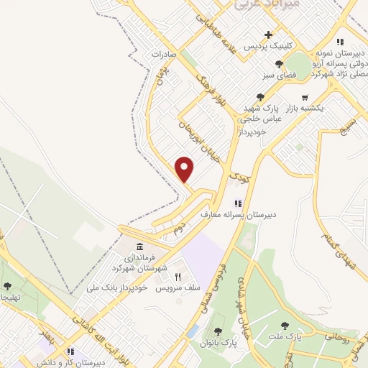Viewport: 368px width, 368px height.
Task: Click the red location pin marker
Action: [185, 170]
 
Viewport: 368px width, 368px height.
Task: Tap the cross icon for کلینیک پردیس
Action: [269, 34]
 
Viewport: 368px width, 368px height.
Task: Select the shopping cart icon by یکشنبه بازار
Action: [305, 97]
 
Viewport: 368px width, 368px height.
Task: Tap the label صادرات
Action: [164, 55]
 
